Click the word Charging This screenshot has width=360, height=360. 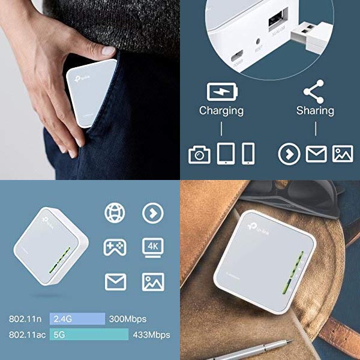click(221, 110)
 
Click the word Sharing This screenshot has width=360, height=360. click(315, 110)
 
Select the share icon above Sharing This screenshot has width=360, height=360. click(314, 91)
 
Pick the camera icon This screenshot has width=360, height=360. click(199, 155)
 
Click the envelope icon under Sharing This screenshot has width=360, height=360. click(316, 154)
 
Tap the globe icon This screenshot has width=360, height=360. click(115, 213)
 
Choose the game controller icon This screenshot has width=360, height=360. click(115, 247)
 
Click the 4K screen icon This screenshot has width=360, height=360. click(152, 247)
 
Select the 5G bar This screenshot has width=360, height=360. click(90, 335)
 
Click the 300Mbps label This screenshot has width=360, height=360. click(128, 319)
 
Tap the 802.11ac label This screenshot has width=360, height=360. click(28, 335)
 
